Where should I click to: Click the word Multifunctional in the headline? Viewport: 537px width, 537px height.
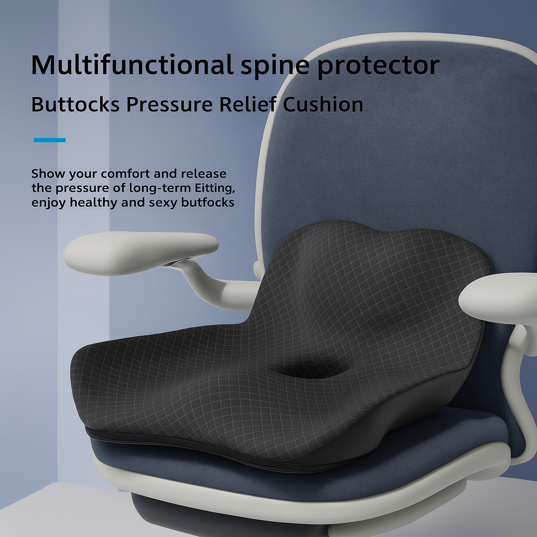click(131, 65)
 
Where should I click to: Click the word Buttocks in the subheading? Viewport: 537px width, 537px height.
click(75, 104)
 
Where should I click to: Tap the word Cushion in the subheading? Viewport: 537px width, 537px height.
click(323, 104)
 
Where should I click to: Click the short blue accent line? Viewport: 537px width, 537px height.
click(49, 140)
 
